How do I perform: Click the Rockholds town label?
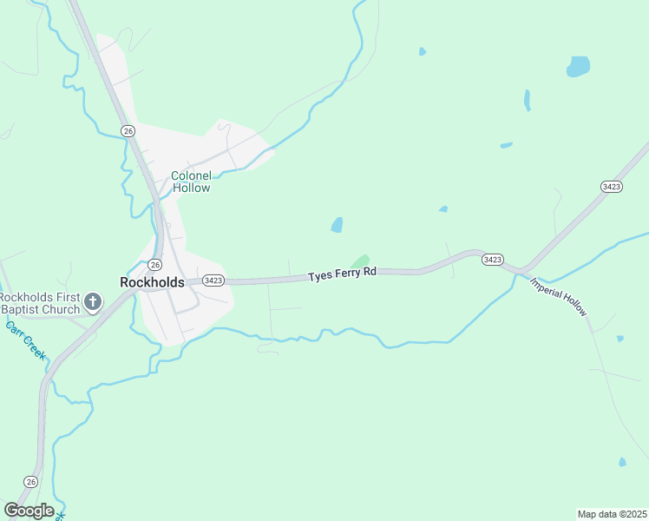(152, 282)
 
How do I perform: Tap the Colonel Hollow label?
(191, 181)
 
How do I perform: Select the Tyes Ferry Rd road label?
(343, 274)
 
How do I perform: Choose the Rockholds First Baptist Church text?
(40, 302)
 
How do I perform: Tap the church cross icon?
(93, 303)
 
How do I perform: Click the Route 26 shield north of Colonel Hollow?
(128, 130)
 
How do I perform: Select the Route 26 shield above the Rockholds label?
(154, 264)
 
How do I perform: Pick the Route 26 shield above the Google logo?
(31, 481)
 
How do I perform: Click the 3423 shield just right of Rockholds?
(213, 280)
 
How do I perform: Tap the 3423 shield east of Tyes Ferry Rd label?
(493, 260)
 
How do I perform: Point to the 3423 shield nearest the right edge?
(610, 187)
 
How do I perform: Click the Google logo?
(29, 511)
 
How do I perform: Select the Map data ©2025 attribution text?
(612, 513)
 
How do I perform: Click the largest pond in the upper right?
(578, 66)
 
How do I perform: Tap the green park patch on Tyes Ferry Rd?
(360, 260)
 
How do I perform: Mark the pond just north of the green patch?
(337, 225)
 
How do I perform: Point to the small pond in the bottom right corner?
(622, 462)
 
